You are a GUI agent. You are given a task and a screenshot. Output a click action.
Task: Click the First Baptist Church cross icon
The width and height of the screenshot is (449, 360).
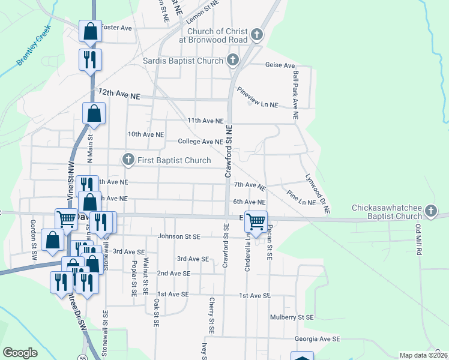(x=128, y=160)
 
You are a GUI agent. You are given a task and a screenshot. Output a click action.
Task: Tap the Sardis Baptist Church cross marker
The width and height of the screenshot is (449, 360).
(x=233, y=60)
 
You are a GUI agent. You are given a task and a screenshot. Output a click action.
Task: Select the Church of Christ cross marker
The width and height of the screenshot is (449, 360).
(x=257, y=35)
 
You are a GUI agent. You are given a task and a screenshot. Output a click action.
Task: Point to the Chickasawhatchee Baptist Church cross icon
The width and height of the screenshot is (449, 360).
(x=430, y=211)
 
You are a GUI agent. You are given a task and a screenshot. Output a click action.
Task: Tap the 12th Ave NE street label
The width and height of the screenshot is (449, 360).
(x=119, y=94)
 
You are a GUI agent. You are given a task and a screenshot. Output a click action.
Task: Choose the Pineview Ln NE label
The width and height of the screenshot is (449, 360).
(x=258, y=97)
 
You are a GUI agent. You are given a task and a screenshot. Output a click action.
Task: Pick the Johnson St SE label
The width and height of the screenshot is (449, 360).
(x=179, y=236)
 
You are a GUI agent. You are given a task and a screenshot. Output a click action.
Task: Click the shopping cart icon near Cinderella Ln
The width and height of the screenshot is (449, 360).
(x=256, y=221)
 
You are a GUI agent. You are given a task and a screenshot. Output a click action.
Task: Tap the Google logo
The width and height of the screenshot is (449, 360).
(x=20, y=353)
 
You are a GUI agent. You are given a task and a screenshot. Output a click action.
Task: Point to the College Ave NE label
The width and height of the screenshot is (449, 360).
(x=200, y=142)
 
